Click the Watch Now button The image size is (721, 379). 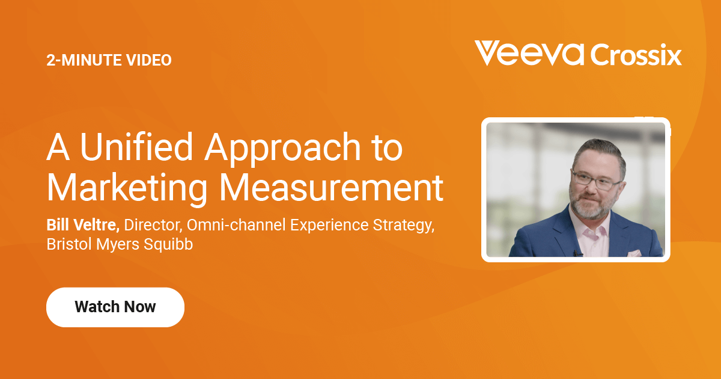pyautogui.click(x=115, y=307)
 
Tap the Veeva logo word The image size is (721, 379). pyautogui.click(x=529, y=54)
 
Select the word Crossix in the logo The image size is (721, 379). pyautogui.click(x=636, y=55)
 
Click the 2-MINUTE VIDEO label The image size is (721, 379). pyautogui.click(x=109, y=60)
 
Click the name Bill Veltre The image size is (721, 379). pyautogui.click(x=83, y=225)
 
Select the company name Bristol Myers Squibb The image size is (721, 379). pyautogui.click(x=120, y=245)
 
